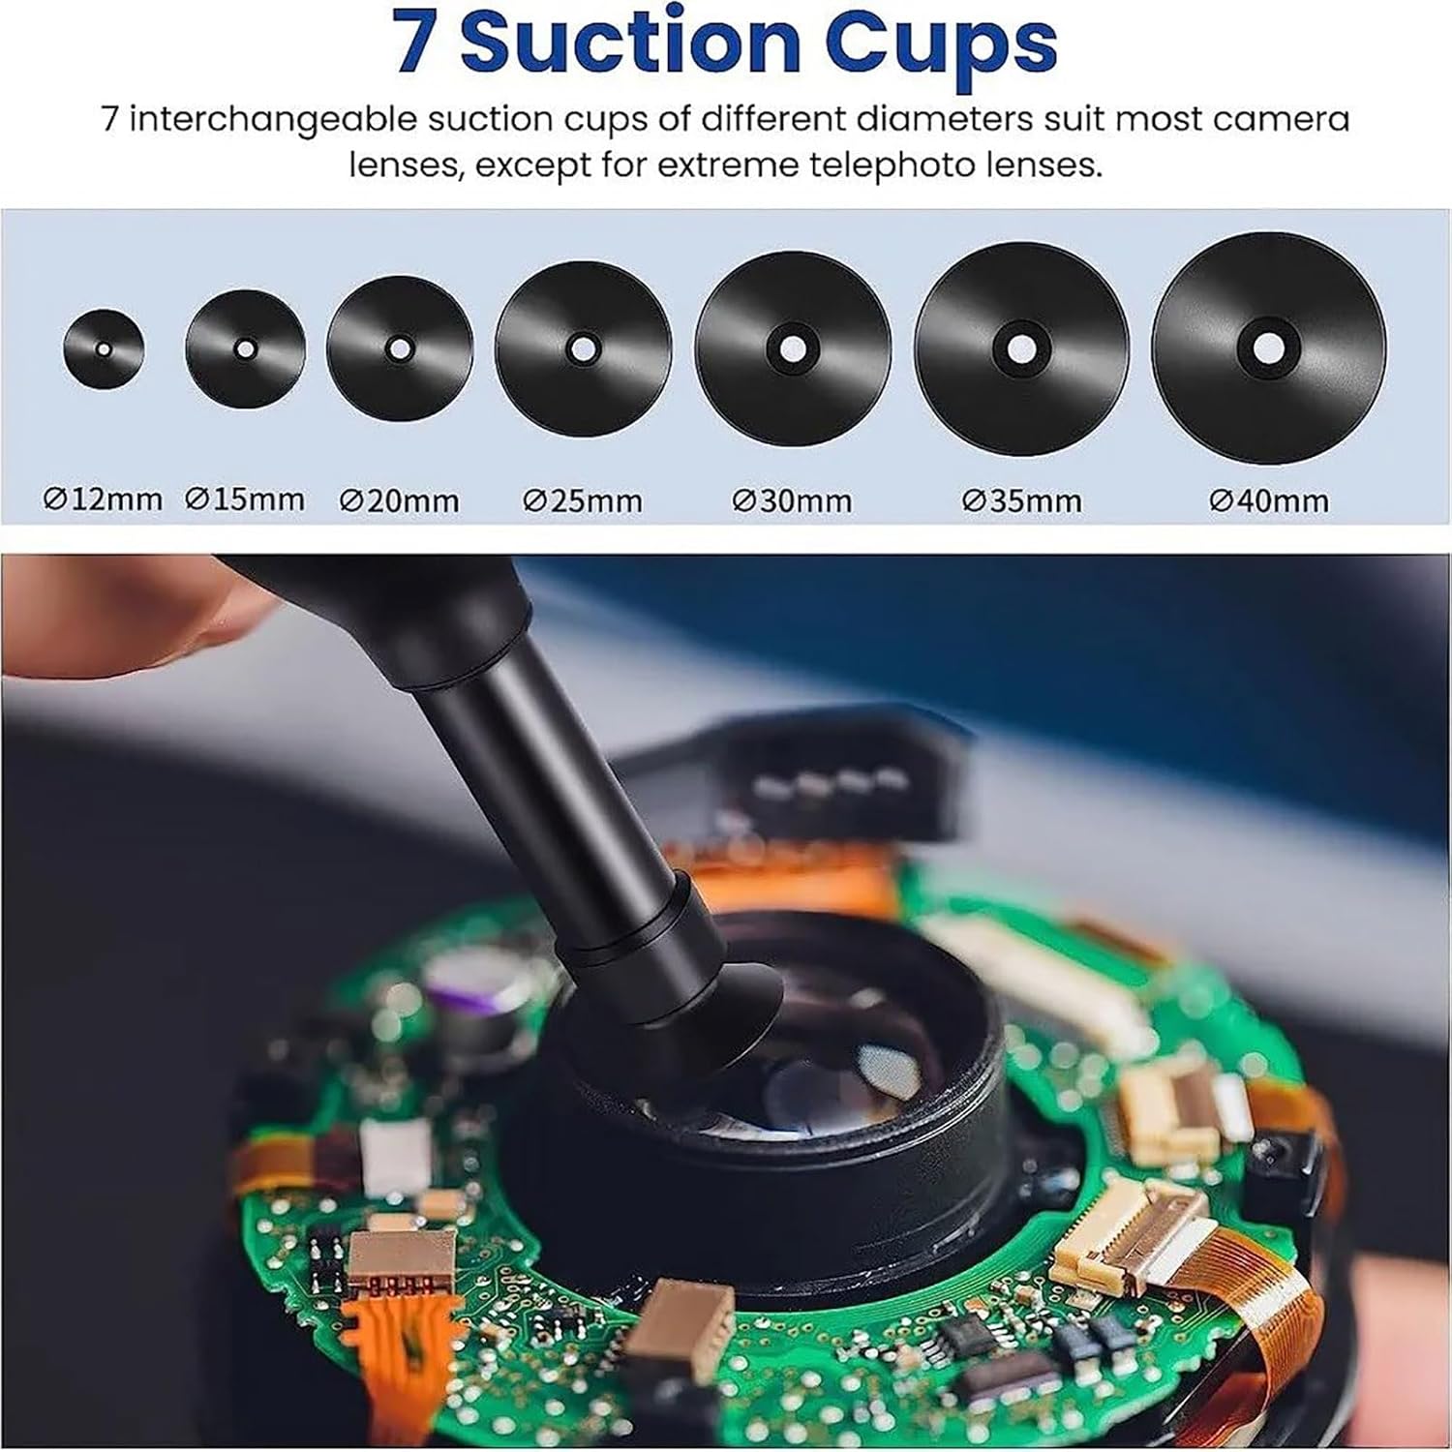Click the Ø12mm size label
[104, 499]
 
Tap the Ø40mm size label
[1269, 500]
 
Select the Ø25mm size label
[583, 500]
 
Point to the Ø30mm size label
[793, 500]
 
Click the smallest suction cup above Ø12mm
[104, 348]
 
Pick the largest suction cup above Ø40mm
[1268, 348]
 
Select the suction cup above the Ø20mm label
[399, 348]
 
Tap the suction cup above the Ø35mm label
[1021, 348]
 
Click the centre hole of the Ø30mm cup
[793, 348]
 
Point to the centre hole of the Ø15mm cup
[246, 348]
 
